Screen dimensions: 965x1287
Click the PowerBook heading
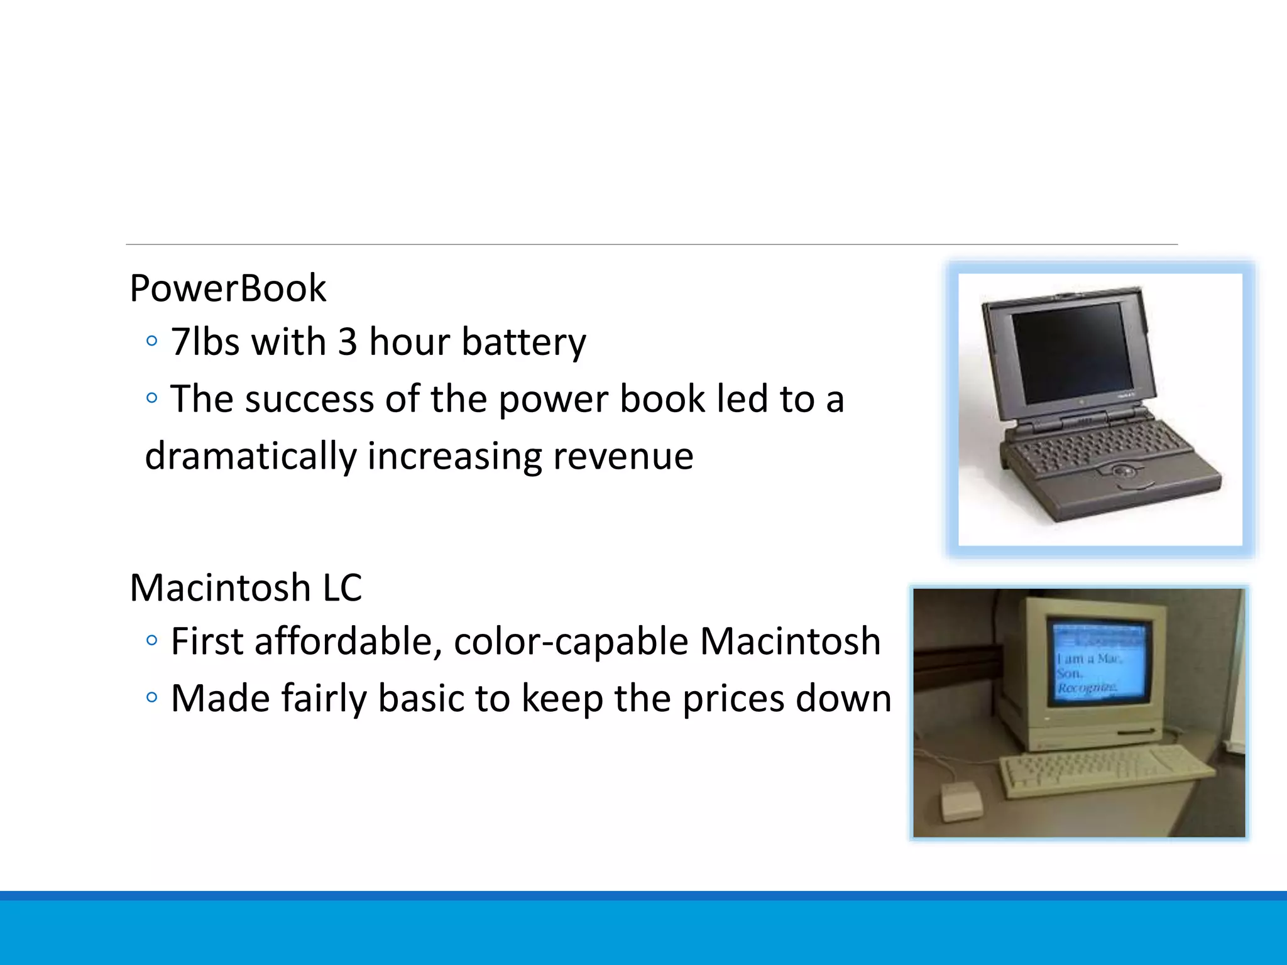tap(227, 288)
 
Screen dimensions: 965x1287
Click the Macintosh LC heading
tap(246, 588)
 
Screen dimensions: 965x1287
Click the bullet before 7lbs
tap(151, 341)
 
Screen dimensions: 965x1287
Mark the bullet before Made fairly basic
tap(151, 697)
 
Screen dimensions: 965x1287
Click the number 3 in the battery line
tap(347, 342)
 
